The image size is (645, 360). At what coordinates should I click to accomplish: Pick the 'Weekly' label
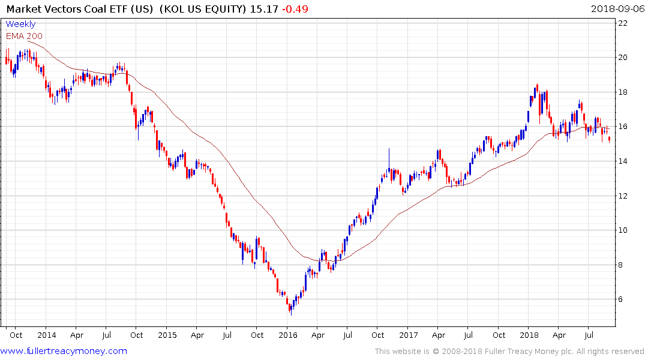20,25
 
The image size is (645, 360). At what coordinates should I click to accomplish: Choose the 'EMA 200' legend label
24,36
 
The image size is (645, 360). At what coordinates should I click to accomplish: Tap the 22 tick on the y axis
623,23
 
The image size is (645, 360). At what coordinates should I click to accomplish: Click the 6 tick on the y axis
623,299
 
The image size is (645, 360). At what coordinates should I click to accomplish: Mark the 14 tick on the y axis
623,161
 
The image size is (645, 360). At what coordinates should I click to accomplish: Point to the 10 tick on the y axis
623,230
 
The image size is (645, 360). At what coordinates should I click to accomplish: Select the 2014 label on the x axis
46,335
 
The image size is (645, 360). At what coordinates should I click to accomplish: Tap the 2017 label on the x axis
409,335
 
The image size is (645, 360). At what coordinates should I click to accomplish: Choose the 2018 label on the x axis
529,335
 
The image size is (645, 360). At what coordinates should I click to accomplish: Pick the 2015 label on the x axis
167,335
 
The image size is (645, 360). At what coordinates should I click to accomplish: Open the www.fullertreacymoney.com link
64,351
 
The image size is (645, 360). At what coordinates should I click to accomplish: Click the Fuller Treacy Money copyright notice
509,352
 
